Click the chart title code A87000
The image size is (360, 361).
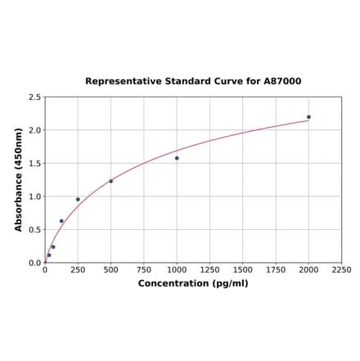pos(283,82)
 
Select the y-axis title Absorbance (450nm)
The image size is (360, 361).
pos(19,179)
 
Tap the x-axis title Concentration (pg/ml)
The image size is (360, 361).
pos(192,283)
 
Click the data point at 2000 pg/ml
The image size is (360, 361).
pos(308,117)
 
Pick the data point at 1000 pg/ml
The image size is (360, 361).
pos(177,158)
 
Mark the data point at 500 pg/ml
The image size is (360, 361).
pos(110,181)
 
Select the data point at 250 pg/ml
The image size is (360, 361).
pos(78,199)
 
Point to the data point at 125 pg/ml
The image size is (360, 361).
pos(61,221)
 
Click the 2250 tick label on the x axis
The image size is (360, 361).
pos(341,269)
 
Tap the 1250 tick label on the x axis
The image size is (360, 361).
pos(209,269)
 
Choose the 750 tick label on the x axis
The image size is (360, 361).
pos(143,269)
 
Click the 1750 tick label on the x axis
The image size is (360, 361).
pos(276,269)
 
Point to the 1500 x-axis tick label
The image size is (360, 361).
pos(242,269)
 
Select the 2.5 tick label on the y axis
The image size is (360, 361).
pos(35,97)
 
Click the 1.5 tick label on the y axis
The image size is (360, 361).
pos(35,164)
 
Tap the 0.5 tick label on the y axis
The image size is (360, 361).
pos(35,230)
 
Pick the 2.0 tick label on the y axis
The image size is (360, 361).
pos(35,130)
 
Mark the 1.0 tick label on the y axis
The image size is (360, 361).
pos(35,196)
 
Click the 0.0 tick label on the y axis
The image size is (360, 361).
pos(35,263)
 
